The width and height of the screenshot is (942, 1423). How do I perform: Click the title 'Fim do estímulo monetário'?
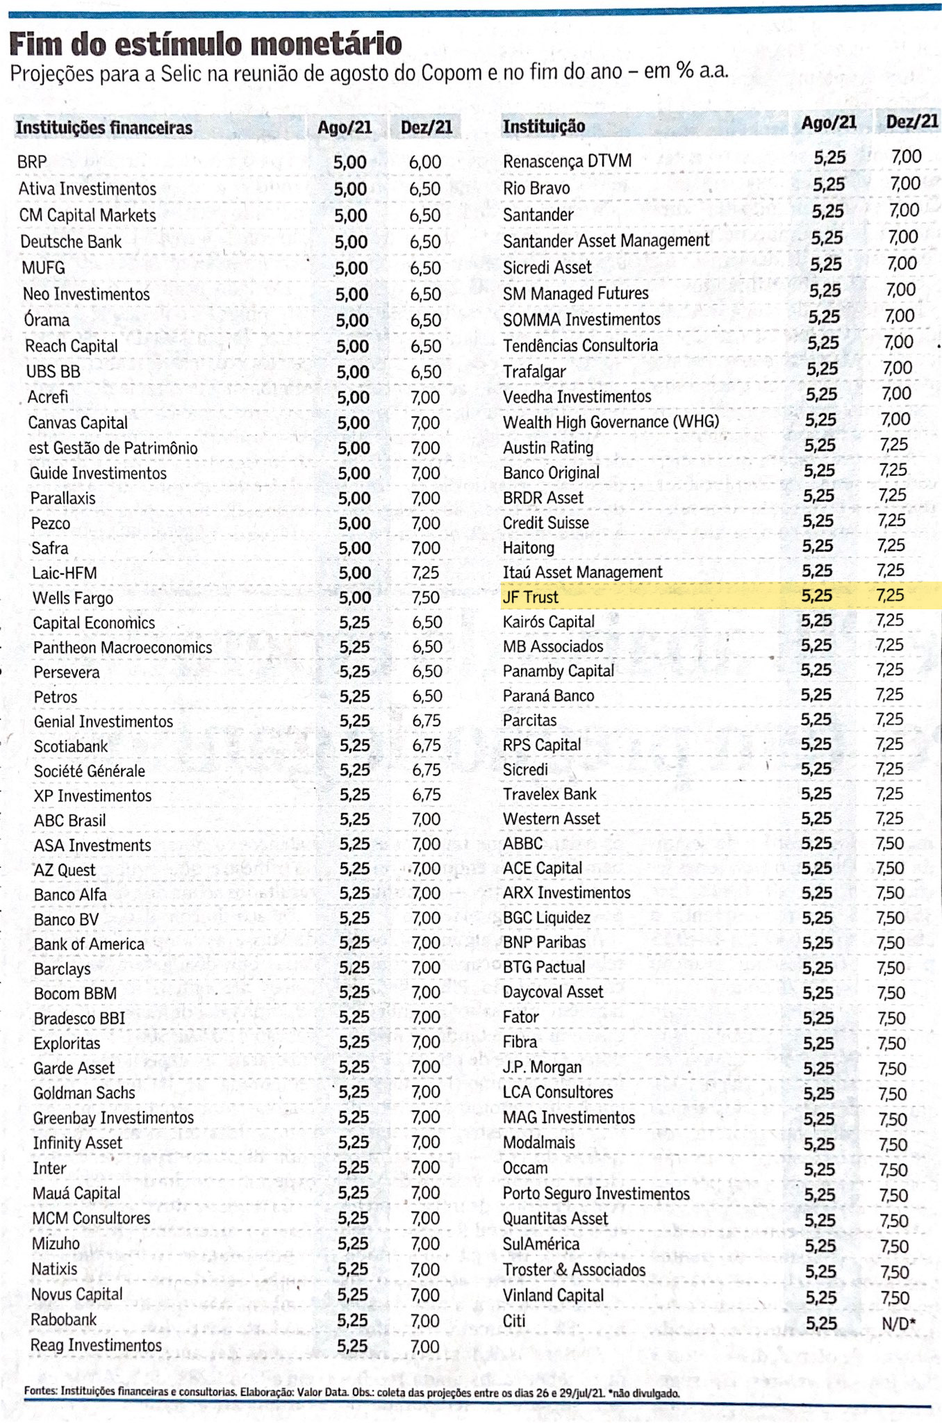206,44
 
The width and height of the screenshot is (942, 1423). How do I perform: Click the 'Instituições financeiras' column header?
104,128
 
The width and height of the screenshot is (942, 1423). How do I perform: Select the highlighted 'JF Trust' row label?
531,597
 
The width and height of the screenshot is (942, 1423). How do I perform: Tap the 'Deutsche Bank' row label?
71,242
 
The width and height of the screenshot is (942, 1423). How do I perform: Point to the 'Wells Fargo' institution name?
73,598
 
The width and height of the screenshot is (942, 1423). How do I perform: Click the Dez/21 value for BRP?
424,163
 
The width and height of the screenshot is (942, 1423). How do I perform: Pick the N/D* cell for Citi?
898,1324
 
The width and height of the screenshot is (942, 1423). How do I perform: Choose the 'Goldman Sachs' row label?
84,1093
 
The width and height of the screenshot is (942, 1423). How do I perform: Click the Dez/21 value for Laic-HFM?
425,573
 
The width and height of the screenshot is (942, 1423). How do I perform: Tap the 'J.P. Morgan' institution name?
542,1067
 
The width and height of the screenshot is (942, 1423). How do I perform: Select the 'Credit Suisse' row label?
546,523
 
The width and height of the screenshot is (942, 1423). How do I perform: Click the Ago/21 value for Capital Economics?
354,623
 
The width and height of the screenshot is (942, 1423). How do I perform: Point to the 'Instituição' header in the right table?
544,126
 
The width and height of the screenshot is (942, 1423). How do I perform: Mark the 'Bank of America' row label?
89,944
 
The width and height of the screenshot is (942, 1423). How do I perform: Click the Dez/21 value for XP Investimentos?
427,795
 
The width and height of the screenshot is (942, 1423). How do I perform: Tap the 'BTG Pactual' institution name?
544,967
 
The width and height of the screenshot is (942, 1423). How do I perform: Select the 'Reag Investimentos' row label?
96,1345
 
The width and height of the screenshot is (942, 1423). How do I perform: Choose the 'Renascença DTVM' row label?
567,161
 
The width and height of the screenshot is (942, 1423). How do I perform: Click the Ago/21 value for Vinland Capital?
820,1298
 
